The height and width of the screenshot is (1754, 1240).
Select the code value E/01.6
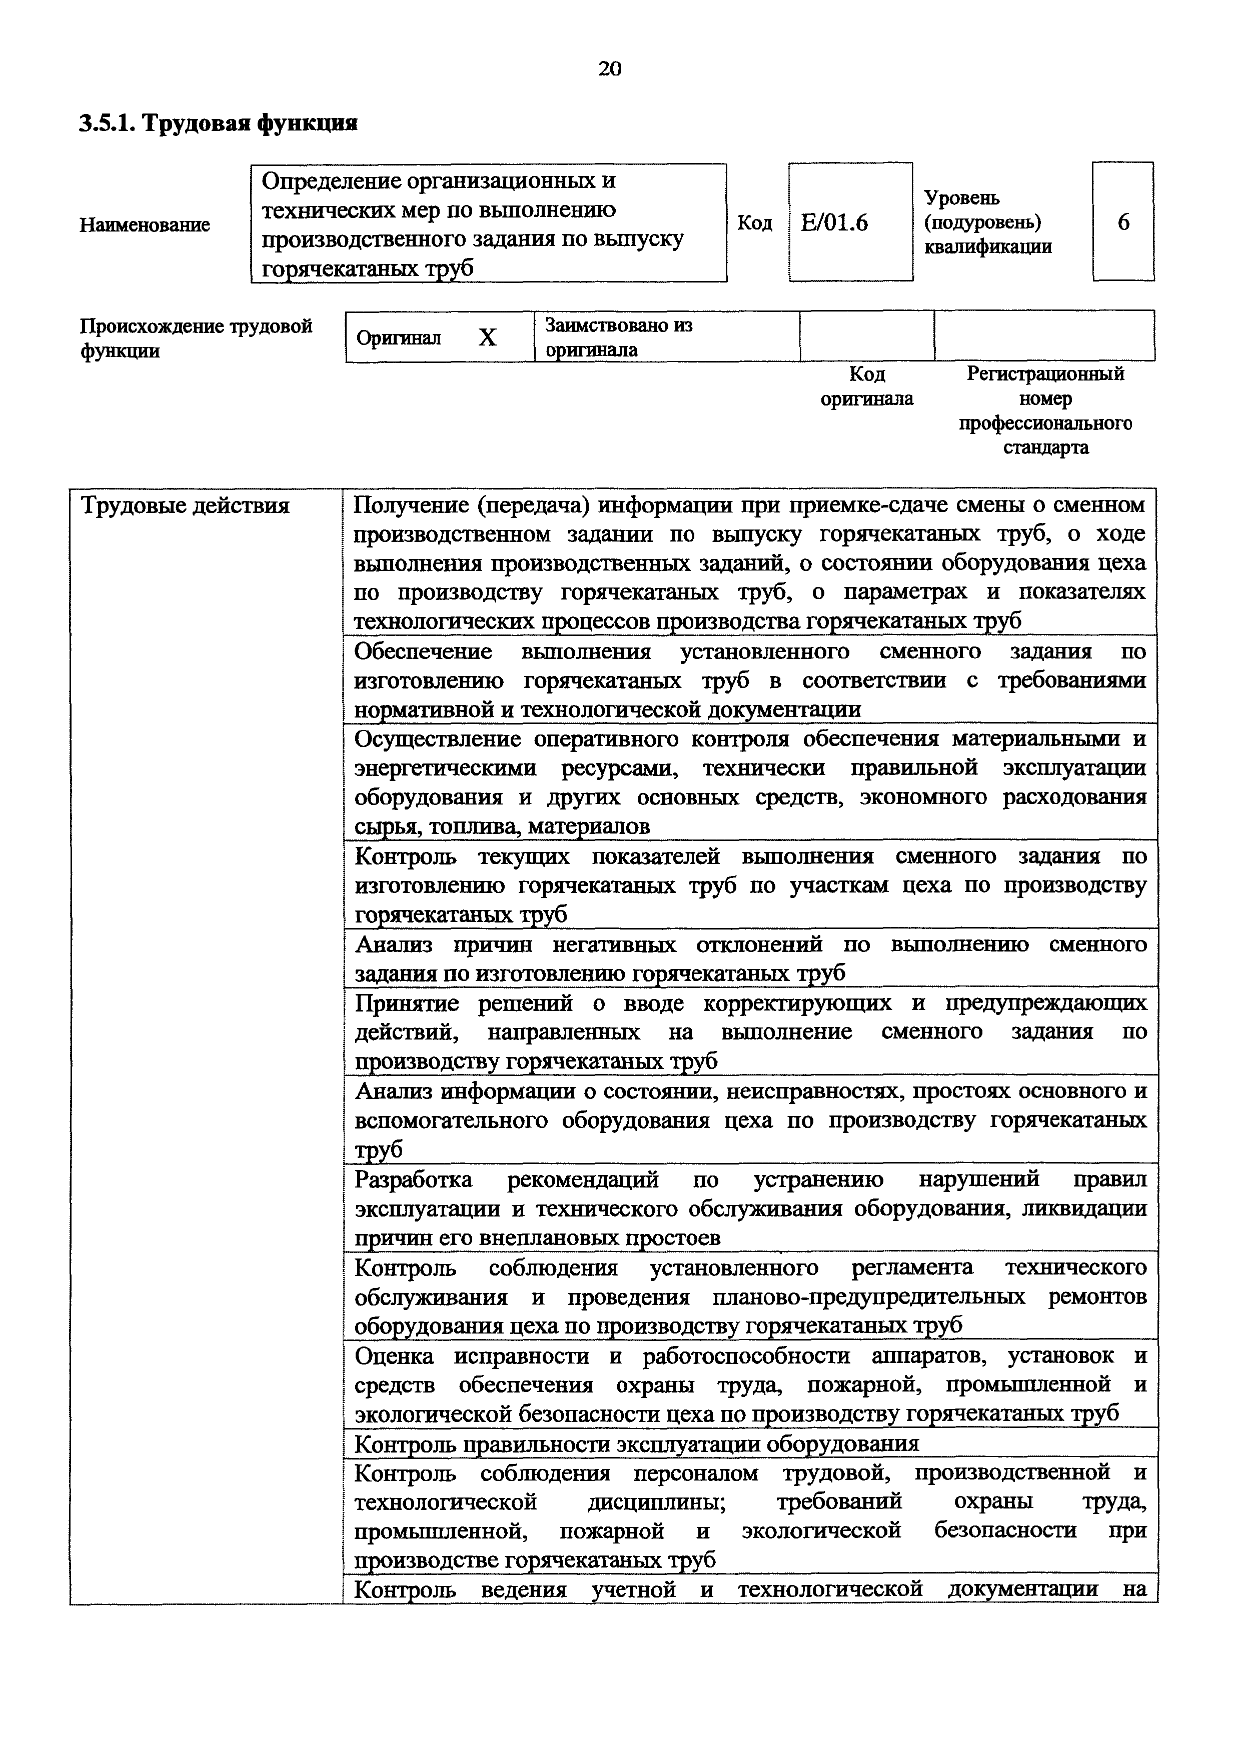pyautogui.click(x=834, y=222)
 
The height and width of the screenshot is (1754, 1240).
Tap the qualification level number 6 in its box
pyautogui.click(x=1123, y=222)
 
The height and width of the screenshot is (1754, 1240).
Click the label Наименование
pyautogui.click(x=145, y=224)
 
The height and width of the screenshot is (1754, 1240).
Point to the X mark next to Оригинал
pyautogui.click(x=487, y=337)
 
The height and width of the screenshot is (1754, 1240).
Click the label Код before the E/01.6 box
pyautogui.click(x=754, y=222)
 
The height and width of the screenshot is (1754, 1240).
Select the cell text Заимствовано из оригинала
pyautogui.click(x=619, y=337)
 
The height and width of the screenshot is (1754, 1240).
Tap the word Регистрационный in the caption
pyautogui.click(x=1045, y=374)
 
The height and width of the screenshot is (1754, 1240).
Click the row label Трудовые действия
pyautogui.click(x=186, y=505)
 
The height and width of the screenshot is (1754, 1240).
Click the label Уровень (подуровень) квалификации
pyautogui.click(x=987, y=222)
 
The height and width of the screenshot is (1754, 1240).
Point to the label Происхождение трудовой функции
pyautogui.click(x=196, y=338)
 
